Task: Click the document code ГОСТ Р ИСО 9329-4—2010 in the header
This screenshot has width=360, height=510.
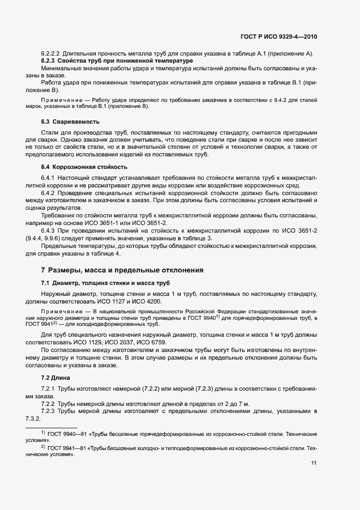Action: [x=278, y=37]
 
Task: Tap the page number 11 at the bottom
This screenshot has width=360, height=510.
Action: [x=314, y=464]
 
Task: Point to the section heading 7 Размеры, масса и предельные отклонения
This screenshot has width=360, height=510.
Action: [x=123, y=270]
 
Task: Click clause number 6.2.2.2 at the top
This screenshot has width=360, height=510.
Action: [x=50, y=53]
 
